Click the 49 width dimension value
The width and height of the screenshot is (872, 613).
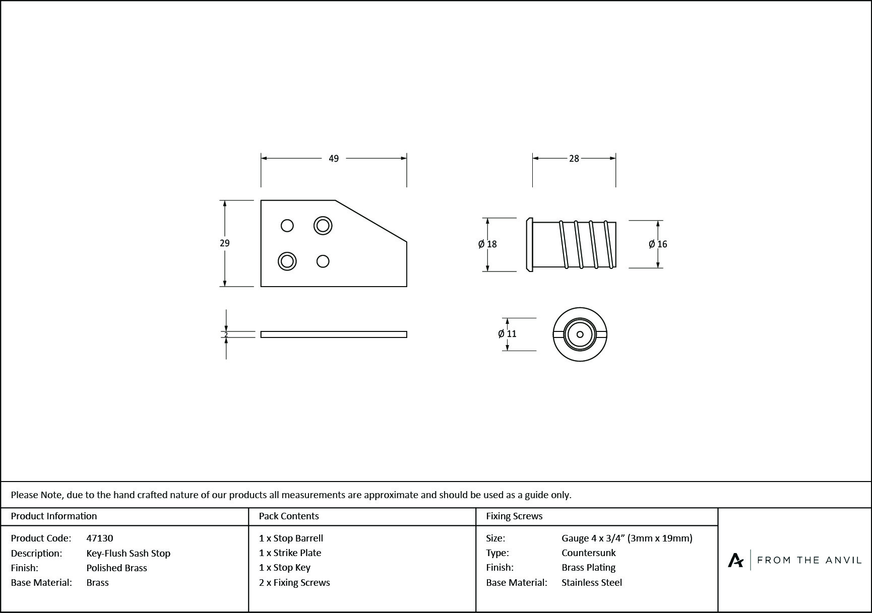[334, 159]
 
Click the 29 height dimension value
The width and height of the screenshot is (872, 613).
[225, 243]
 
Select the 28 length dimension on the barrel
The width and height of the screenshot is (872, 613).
[574, 159]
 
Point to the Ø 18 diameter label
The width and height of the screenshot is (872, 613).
[487, 244]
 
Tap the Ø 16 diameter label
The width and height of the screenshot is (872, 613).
[658, 244]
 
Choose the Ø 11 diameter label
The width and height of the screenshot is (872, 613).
[507, 334]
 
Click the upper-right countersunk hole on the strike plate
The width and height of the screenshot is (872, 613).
[323, 225]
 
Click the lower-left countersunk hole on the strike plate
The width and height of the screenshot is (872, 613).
[287, 261]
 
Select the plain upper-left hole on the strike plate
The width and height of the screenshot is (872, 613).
[287, 225]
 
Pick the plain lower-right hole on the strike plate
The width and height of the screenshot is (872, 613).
[323, 261]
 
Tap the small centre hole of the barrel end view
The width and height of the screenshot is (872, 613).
[580, 334]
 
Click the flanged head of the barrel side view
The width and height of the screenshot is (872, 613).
[529, 244]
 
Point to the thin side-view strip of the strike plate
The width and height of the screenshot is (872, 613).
[334, 334]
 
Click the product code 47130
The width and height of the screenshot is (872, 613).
[100, 538]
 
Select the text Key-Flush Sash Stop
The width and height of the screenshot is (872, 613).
[129, 554]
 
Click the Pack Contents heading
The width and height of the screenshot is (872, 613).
[289, 516]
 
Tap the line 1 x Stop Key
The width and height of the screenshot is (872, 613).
[285, 568]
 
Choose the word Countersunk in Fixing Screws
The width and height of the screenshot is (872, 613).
[589, 553]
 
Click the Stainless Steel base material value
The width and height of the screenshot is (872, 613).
[592, 583]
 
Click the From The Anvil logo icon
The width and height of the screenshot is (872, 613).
[736, 560]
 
